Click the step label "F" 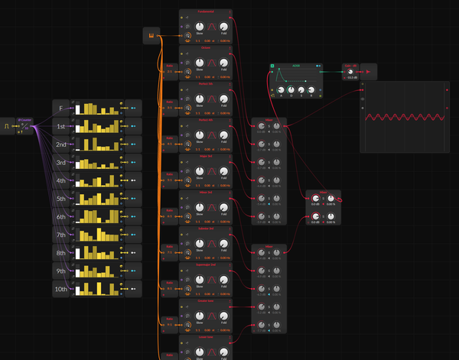tap(61, 109)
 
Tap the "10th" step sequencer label tap(61, 289)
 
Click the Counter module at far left tap(25, 125)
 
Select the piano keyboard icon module tap(151, 35)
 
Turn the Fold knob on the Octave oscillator tap(224, 63)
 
